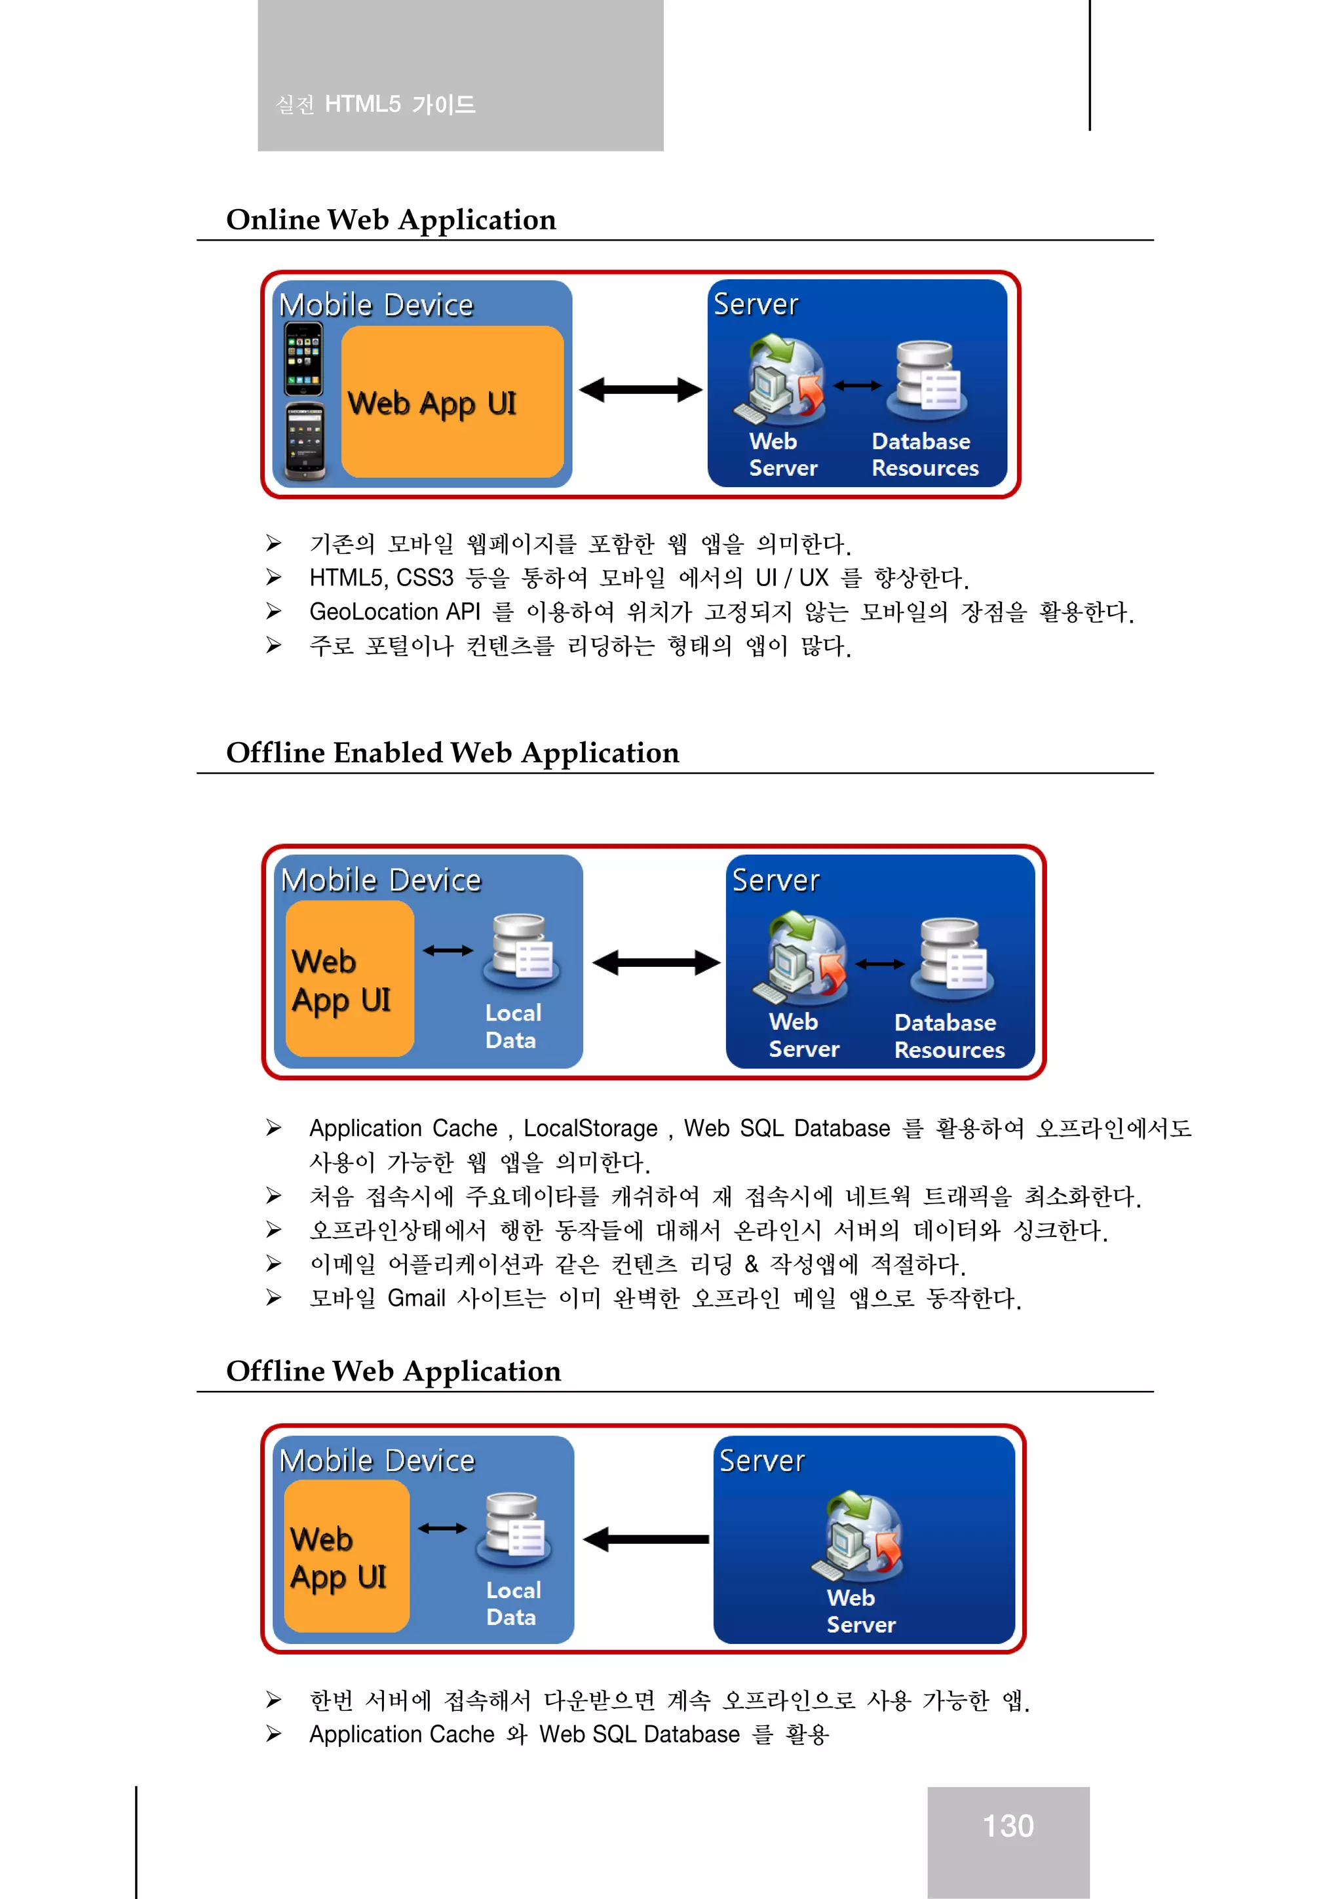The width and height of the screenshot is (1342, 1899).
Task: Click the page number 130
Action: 1007,1826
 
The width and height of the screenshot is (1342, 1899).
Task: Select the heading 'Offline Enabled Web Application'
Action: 452,753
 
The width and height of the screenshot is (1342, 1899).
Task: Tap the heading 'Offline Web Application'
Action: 394,1371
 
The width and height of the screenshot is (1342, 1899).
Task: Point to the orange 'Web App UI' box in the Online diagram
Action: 451,402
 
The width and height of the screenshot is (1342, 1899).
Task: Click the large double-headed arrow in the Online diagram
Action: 640,389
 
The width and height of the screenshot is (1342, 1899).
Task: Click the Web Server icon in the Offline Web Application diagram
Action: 859,1537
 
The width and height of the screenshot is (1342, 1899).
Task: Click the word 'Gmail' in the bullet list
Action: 416,1299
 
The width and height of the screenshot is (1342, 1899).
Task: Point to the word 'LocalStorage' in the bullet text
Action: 590,1129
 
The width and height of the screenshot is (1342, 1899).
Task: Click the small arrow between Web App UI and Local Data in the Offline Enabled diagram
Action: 448,950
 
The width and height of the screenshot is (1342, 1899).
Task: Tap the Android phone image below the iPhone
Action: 304,442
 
